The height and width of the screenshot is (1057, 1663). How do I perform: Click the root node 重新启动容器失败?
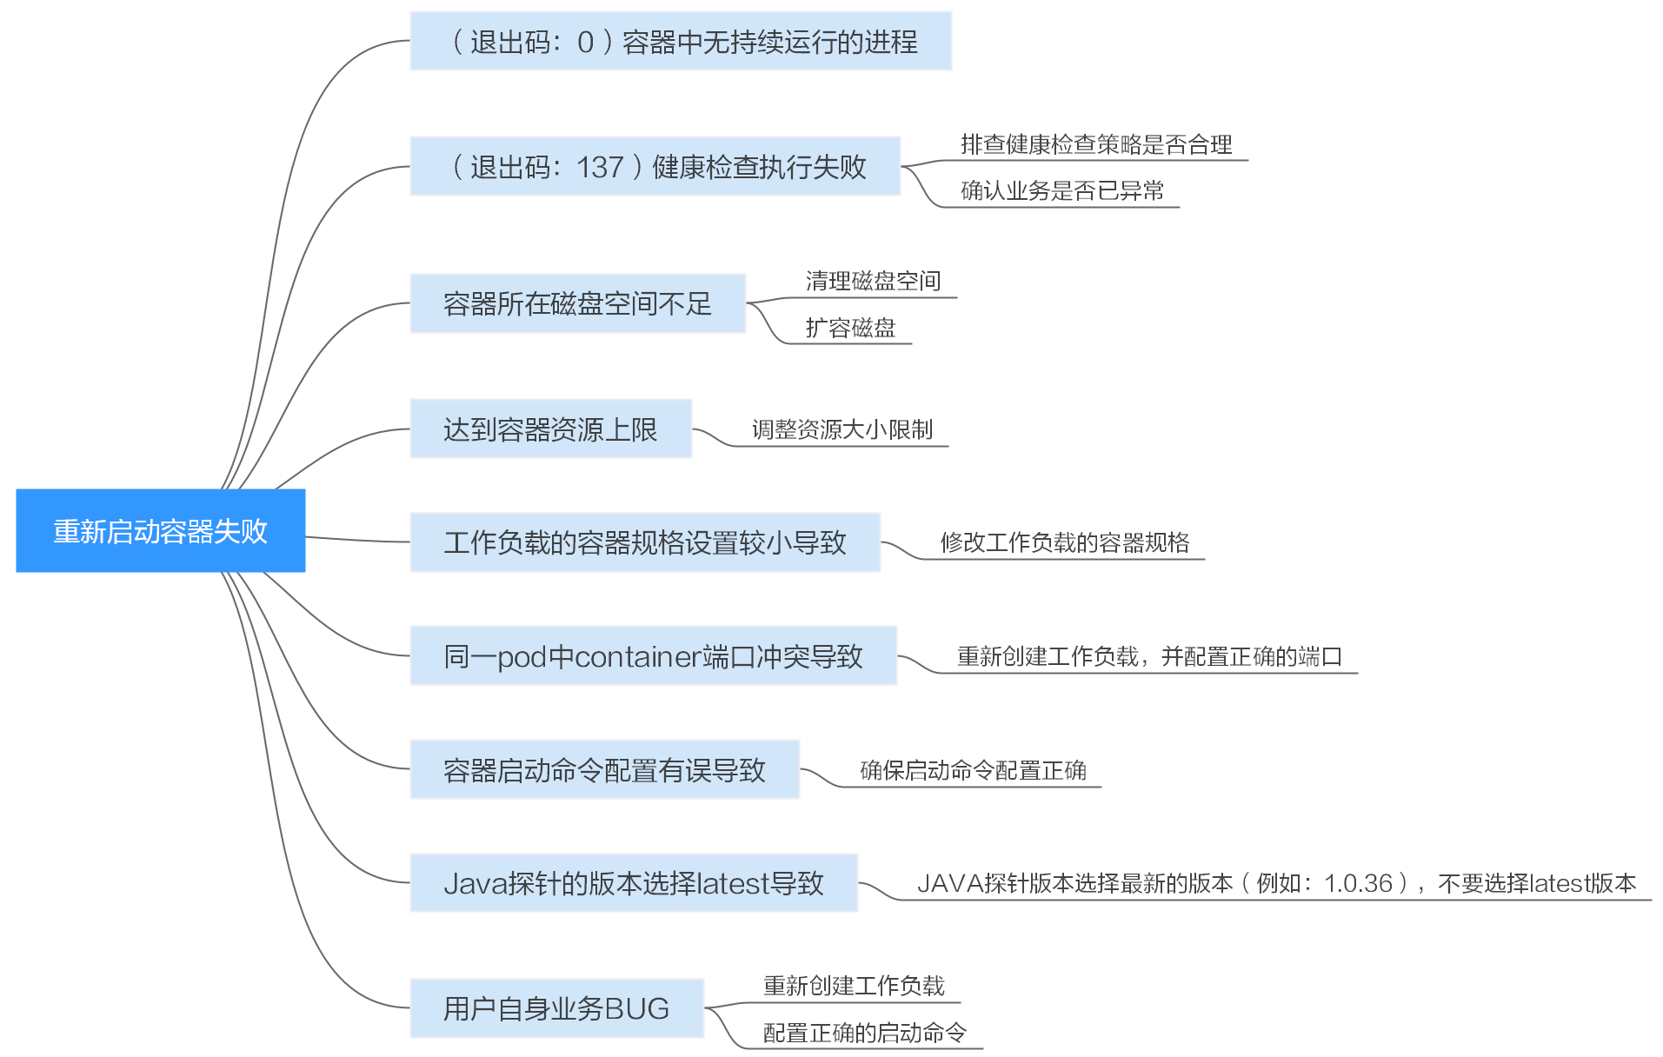coord(161,531)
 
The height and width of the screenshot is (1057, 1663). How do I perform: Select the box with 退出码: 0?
coord(680,42)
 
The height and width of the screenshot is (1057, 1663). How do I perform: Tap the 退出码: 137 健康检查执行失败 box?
coord(655,166)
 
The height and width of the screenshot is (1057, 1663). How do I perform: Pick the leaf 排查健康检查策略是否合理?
coord(1095,144)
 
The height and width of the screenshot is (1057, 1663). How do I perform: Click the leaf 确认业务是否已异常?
coord(1061,190)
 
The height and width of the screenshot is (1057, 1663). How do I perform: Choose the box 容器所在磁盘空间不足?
coord(577,303)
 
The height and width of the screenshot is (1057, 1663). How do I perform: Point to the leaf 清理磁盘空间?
coord(873,281)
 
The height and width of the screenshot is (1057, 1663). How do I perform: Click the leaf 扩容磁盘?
coord(850,328)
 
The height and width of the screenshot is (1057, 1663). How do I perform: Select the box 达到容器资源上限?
coord(550,429)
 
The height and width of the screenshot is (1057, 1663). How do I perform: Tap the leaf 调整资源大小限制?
coord(841,429)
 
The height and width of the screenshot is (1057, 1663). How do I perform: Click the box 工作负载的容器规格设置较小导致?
coord(644,542)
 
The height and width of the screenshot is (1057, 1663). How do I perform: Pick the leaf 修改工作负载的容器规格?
coord(1064,542)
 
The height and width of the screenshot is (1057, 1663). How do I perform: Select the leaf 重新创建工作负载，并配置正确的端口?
coord(1149,656)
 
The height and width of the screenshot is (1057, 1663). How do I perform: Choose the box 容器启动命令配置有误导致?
coord(604,770)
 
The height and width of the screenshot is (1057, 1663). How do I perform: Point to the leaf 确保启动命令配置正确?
coord(973,770)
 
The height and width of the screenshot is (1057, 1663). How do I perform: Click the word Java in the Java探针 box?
coord(475,884)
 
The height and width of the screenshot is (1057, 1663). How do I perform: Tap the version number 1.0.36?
coord(1358,884)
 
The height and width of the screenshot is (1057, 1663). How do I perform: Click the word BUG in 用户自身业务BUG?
coord(636,1008)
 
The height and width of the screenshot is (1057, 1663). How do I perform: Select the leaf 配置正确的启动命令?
coord(864,1033)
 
